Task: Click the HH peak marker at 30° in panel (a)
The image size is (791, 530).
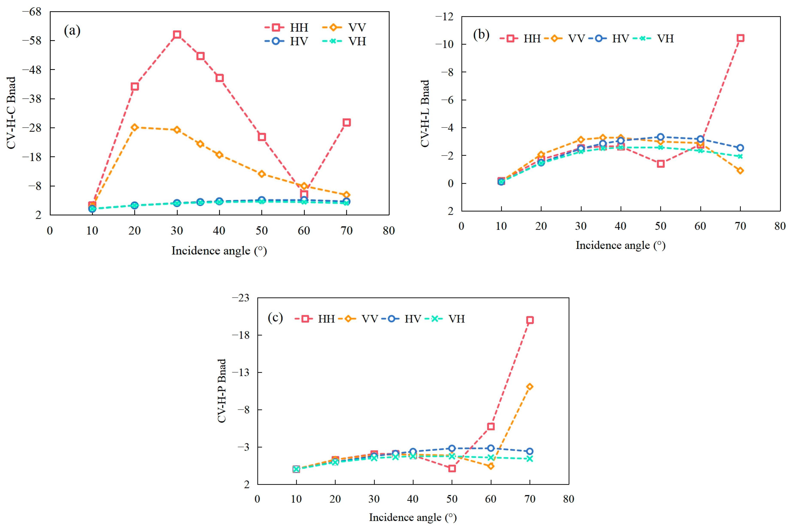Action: point(177,35)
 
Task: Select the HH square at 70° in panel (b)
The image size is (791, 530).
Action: point(740,38)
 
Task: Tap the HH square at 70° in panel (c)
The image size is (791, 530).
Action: point(529,320)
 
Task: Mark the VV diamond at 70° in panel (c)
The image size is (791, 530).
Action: point(529,387)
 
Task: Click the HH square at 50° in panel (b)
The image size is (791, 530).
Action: point(661,164)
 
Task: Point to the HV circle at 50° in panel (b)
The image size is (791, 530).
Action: point(661,137)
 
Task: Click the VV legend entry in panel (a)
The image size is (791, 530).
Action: point(345,27)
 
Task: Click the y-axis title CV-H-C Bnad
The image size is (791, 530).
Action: point(11,113)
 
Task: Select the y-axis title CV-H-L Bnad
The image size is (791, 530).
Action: point(425,113)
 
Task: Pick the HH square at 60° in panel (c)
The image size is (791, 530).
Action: point(491,426)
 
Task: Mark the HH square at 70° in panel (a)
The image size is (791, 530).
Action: point(346,122)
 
